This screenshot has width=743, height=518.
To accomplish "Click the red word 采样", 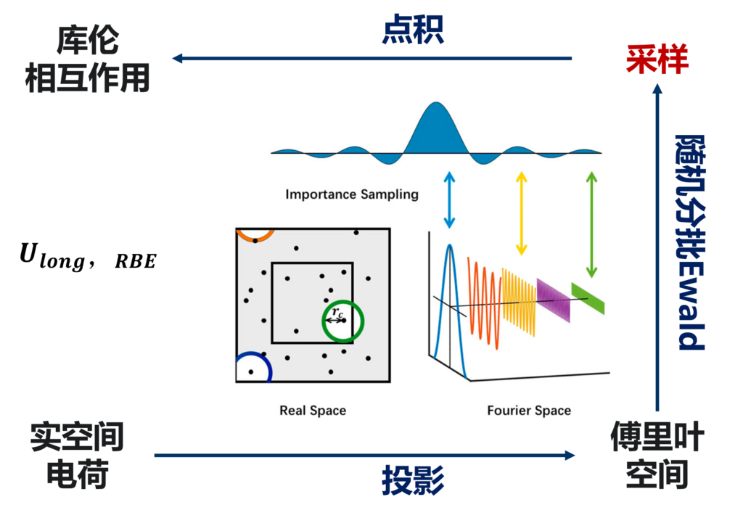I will coord(657,59).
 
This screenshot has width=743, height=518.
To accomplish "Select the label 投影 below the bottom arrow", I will coord(413,480).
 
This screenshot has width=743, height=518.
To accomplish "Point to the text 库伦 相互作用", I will coord(87,59).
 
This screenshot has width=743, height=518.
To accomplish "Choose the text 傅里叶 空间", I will coord(657,456).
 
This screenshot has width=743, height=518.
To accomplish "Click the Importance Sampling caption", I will coord(351,194).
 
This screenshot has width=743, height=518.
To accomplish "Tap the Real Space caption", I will coord(313,411).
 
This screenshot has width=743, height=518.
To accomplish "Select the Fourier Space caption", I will coord(528,411).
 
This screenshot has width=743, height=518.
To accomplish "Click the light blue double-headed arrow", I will coord(450,200).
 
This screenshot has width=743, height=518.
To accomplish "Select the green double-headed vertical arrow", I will coord(592,224).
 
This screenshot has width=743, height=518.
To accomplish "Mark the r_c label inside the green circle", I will coord(335,313).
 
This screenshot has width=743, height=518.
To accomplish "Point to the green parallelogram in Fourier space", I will coord(587,298).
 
